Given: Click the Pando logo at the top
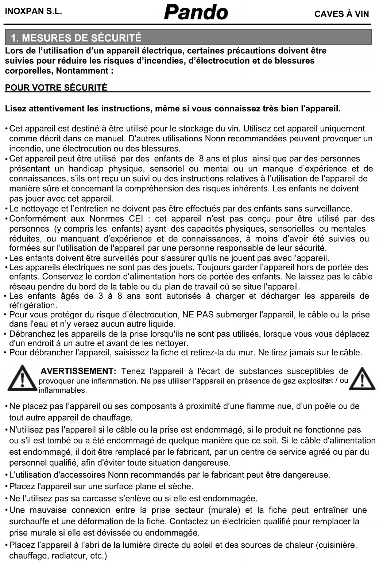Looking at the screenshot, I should (x=196, y=12).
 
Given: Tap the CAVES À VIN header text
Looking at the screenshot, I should (x=341, y=14).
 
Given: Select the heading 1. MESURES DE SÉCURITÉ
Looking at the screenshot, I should (x=76, y=38).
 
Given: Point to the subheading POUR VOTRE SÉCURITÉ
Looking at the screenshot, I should (x=56, y=88).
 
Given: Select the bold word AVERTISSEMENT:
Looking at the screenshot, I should (x=78, y=371).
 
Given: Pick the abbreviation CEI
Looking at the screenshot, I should (x=136, y=219).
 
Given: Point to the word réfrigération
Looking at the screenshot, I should (x=33, y=305).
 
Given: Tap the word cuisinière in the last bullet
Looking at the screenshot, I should (x=337, y=545).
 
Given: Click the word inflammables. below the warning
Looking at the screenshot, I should (x=62, y=390).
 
